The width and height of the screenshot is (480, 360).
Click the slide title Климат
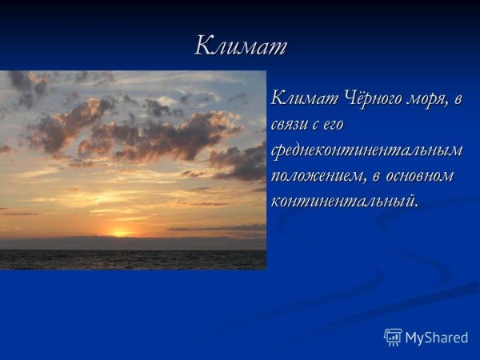[x=240, y=46]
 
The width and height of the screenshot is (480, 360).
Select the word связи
[x=291, y=125]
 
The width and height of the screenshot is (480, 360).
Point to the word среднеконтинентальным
[x=367, y=150]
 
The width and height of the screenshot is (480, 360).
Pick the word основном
[x=422, y=175]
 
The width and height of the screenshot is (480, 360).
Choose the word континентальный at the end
[x=344, y=201]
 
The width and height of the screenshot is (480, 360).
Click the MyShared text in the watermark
[x=436, y=338]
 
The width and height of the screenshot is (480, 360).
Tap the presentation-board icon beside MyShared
[x=393, y=337]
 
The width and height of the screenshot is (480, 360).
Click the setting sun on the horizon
[x=120, y=234]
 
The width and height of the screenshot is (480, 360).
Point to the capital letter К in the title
[x=203, y=46]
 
